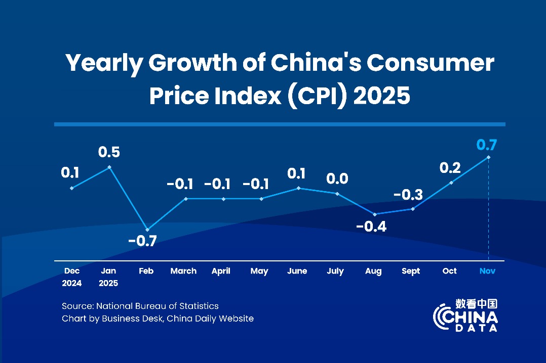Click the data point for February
point(147,230)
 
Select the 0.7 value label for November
point(487,145)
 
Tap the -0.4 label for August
point(371,226)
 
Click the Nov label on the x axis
point(487,271)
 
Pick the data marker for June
point(298,188)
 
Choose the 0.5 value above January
point(109,152)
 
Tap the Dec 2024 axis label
point(71,277)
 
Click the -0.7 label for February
point(142,241)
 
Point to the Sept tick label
point(411,271)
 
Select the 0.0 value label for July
point(337,178)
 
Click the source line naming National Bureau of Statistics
point(140,306)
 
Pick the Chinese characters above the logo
point(476,303)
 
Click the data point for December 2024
point(71,188)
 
